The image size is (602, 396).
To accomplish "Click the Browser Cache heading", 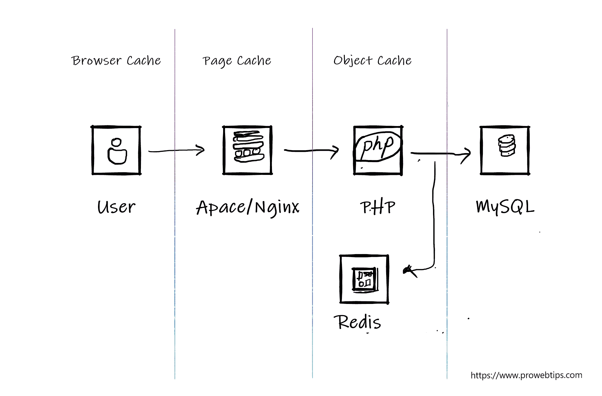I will (x=116, y=61).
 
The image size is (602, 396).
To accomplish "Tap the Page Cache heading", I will (x=237, y=61).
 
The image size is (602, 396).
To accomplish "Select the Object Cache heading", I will (x=372, y=61).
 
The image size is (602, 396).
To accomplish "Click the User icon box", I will (x=116, y=150).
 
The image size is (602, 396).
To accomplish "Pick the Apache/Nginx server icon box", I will (x=248, y=150).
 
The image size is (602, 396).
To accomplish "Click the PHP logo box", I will (x=378, y=150).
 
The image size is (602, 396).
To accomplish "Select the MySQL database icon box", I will (x=505, y=150).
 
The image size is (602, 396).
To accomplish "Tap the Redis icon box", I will (x=364, y=279).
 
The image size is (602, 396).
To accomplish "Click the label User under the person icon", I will (x=116, y=207).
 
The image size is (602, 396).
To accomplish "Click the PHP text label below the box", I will (x=378, y=207).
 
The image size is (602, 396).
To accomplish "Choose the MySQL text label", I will (x=505, y=207).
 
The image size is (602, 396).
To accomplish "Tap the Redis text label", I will (x=357, y=322).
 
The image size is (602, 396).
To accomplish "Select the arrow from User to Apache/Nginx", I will (x=176, y=150).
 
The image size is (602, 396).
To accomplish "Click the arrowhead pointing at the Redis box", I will (x=409, y=271).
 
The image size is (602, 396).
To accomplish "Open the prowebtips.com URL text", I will (x=526, y=375).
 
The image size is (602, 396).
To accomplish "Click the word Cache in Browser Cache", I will (x=144, y=61).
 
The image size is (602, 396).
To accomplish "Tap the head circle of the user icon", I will (x=116, y=143).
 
